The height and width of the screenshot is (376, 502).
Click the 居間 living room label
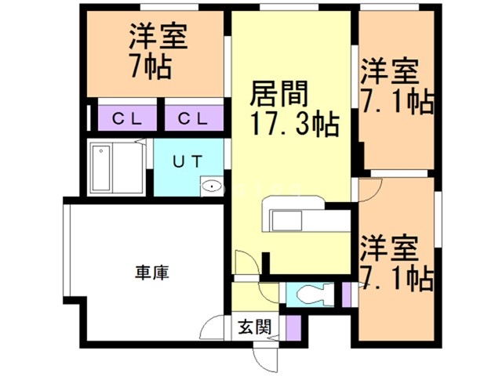[278, 93]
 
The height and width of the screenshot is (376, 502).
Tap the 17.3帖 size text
[295, 124]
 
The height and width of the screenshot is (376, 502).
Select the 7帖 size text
[150, 67]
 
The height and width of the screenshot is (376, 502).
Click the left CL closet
[127, 118]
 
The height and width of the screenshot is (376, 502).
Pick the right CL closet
[194, 118]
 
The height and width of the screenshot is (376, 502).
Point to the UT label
[187, 161]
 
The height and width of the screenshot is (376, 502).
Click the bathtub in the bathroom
[102, 168]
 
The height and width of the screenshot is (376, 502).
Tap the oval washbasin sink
[212, 186]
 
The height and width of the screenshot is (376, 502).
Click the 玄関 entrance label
[255, 327]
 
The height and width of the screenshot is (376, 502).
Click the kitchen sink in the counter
[286, 221]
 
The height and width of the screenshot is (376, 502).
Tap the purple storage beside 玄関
[293, 328]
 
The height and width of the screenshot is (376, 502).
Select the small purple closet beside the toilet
[346, 295]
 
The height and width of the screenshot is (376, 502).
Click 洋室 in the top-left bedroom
[158, 36]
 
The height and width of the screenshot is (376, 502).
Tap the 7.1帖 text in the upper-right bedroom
[397, 99]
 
